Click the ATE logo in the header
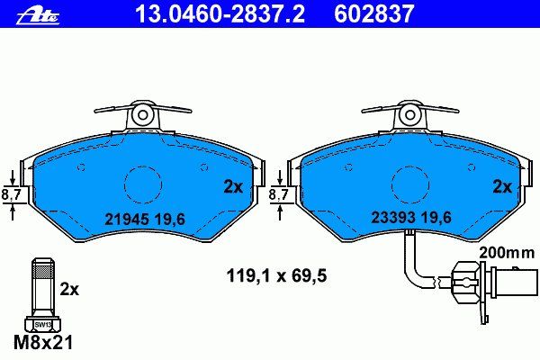click(38, 15)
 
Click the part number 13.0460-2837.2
click(220, 13)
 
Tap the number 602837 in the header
click(373, 13)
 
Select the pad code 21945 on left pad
click(126, 219)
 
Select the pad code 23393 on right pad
click(392, 218)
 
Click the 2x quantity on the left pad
click(233, 187)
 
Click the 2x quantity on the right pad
click(502, 187)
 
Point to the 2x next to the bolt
click(69, 290)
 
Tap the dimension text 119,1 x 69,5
click(276, 276)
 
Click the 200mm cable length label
click(507, 253)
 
